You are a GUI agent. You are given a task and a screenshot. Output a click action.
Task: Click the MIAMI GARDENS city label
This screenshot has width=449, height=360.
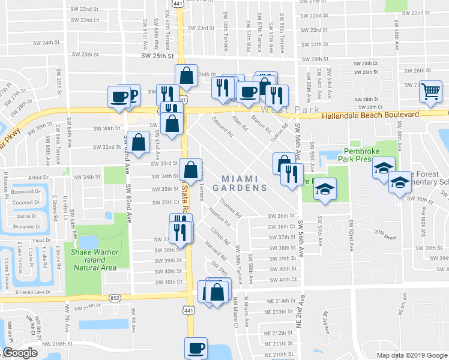point(244,183)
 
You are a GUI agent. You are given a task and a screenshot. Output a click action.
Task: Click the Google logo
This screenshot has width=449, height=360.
point(20,353)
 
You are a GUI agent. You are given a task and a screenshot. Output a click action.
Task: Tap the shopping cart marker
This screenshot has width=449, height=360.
point(430,92)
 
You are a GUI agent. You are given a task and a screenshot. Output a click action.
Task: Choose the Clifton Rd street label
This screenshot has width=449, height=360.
point(220,236)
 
